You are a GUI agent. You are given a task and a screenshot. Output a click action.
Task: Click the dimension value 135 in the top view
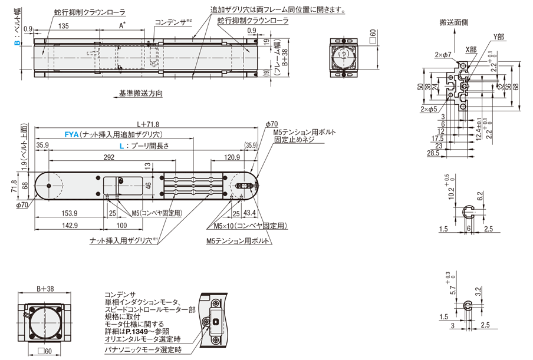point(64,25)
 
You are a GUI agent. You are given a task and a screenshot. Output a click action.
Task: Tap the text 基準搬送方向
point(140,94)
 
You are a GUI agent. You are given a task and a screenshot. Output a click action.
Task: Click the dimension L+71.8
point(149,124)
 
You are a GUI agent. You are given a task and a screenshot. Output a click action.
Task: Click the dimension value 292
point(110,157)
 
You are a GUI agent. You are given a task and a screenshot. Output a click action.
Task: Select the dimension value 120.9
point(232,157)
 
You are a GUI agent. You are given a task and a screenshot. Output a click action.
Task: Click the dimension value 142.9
point(70,225)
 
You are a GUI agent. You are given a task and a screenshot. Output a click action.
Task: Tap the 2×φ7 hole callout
point(443,55)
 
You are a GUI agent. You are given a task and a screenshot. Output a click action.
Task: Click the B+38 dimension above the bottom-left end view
point(45,289)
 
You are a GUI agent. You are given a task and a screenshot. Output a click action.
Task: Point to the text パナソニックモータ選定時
point(143,349)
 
